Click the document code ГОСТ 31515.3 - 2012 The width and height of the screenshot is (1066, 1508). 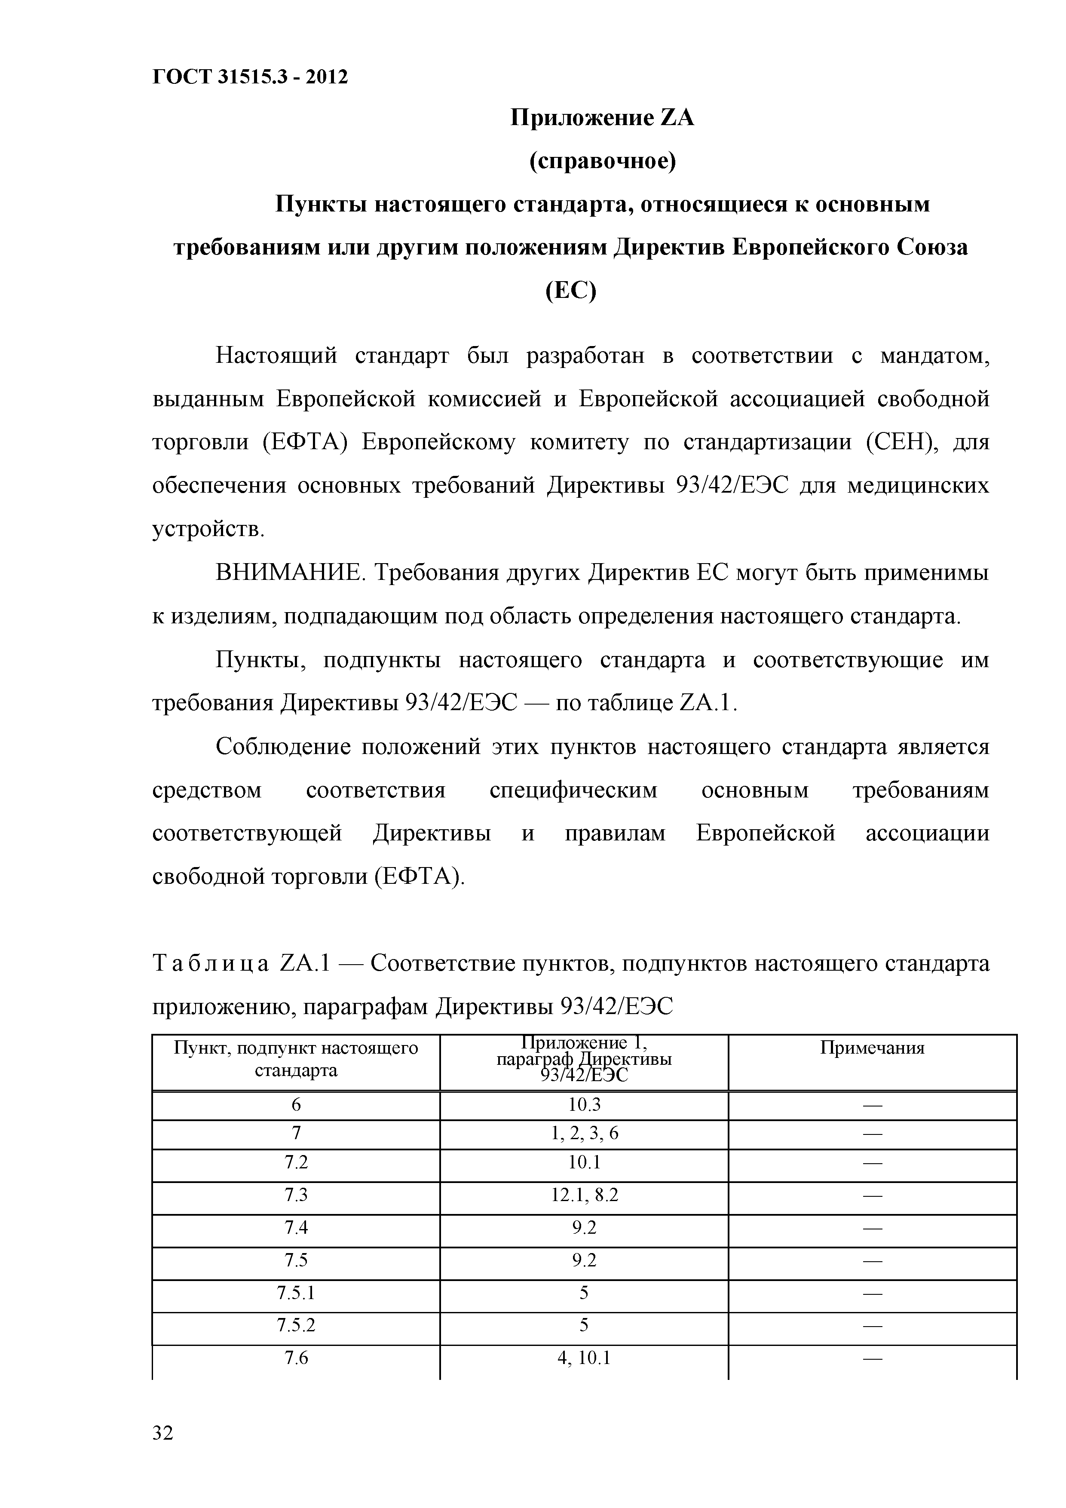[250, 77]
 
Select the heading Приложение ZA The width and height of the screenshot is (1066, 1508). [602, 118]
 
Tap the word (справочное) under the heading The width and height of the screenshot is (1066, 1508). [602, 161]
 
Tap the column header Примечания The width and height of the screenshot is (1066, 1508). [872, 1048]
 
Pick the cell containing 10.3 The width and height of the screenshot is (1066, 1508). [584, 1105]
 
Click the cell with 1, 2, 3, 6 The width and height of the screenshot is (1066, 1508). [584, 1133]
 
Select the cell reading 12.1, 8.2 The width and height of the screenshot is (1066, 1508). [584, 1195]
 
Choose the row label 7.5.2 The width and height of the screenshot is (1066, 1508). [296, 1325]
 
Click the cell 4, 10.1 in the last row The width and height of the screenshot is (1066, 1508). [584, 1358]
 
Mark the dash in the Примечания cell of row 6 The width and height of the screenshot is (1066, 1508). [872, 1106]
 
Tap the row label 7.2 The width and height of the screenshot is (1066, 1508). [296, 1162]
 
